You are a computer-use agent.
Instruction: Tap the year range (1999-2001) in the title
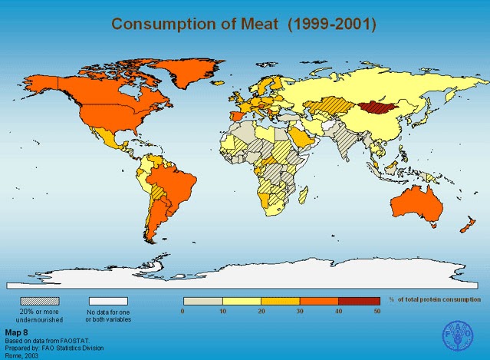(x=332, y=23)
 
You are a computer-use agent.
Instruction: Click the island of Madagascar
(x=302, y=193)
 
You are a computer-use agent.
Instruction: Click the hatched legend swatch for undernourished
(x=39, y=301)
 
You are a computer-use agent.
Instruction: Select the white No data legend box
(x=108, y=301)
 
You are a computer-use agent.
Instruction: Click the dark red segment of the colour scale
(x=359, y=301)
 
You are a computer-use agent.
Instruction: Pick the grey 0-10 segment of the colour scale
(x=202, y=301)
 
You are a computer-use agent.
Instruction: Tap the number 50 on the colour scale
(x=377, y=312)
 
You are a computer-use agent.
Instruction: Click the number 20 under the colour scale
(x=261, y=312)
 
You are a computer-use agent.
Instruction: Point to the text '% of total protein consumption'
(x=435, y=299)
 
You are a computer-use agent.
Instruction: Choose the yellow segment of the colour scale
(x=242, y=301)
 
